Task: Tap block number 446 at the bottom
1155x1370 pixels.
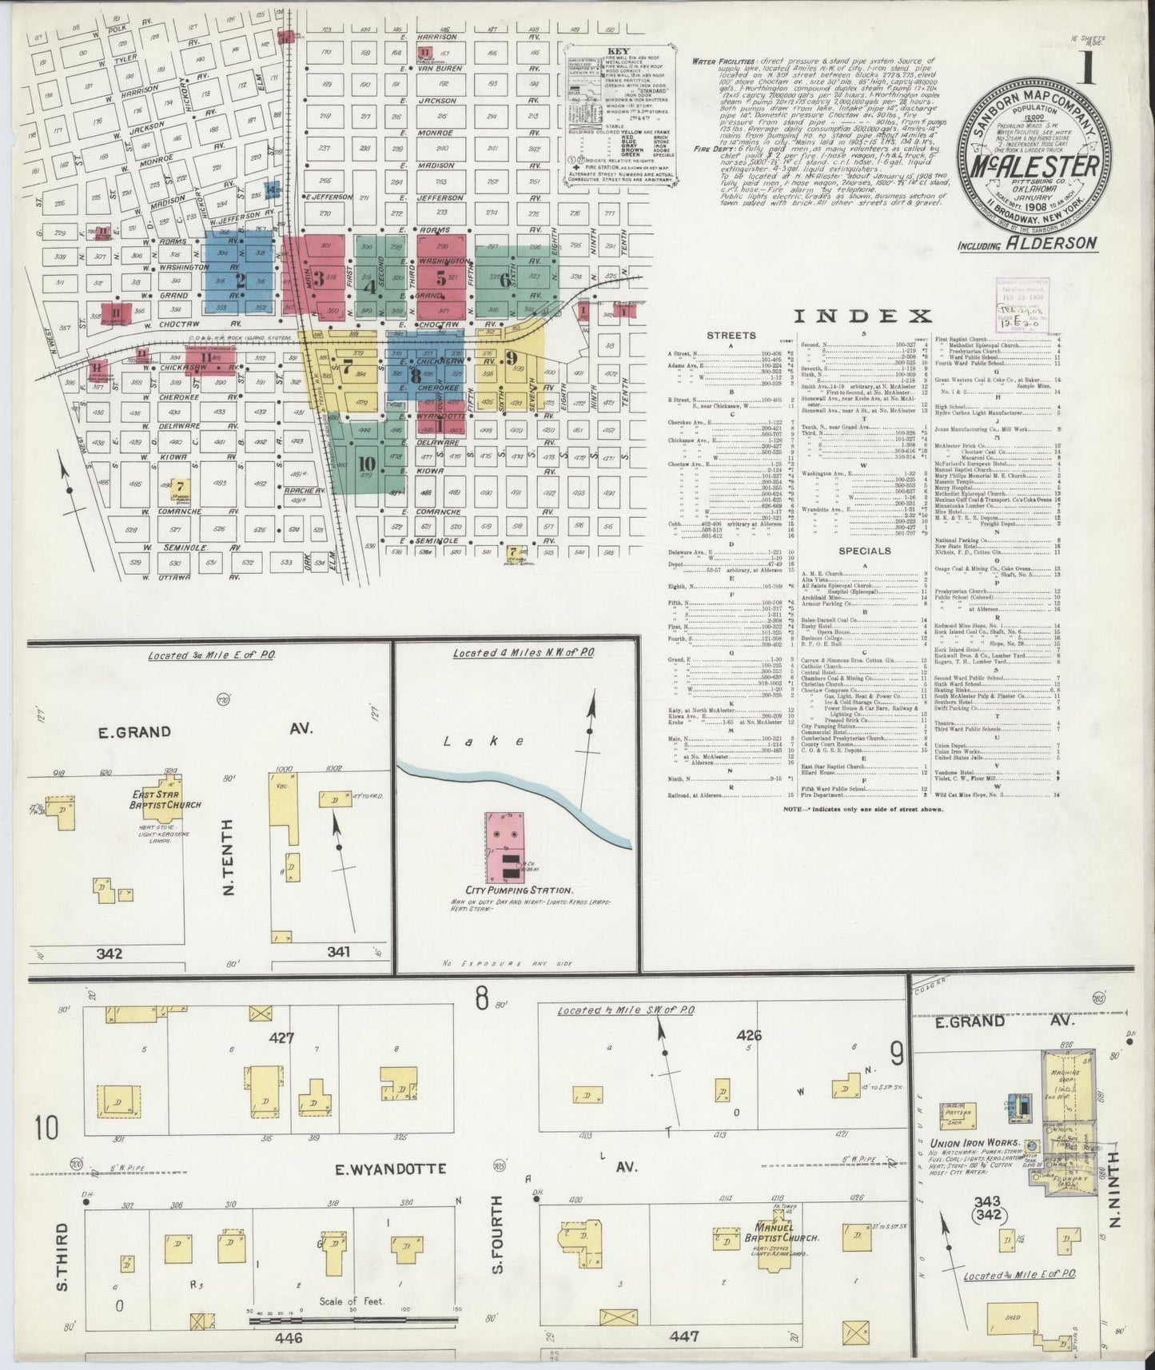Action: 288,1336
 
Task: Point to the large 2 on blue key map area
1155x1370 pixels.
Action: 239,280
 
